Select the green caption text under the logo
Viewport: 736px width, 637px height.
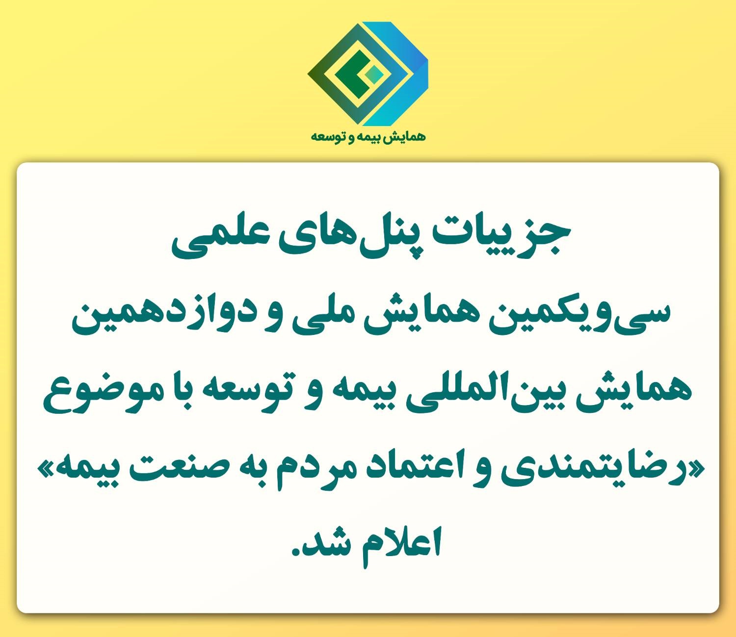click(368, 137)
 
